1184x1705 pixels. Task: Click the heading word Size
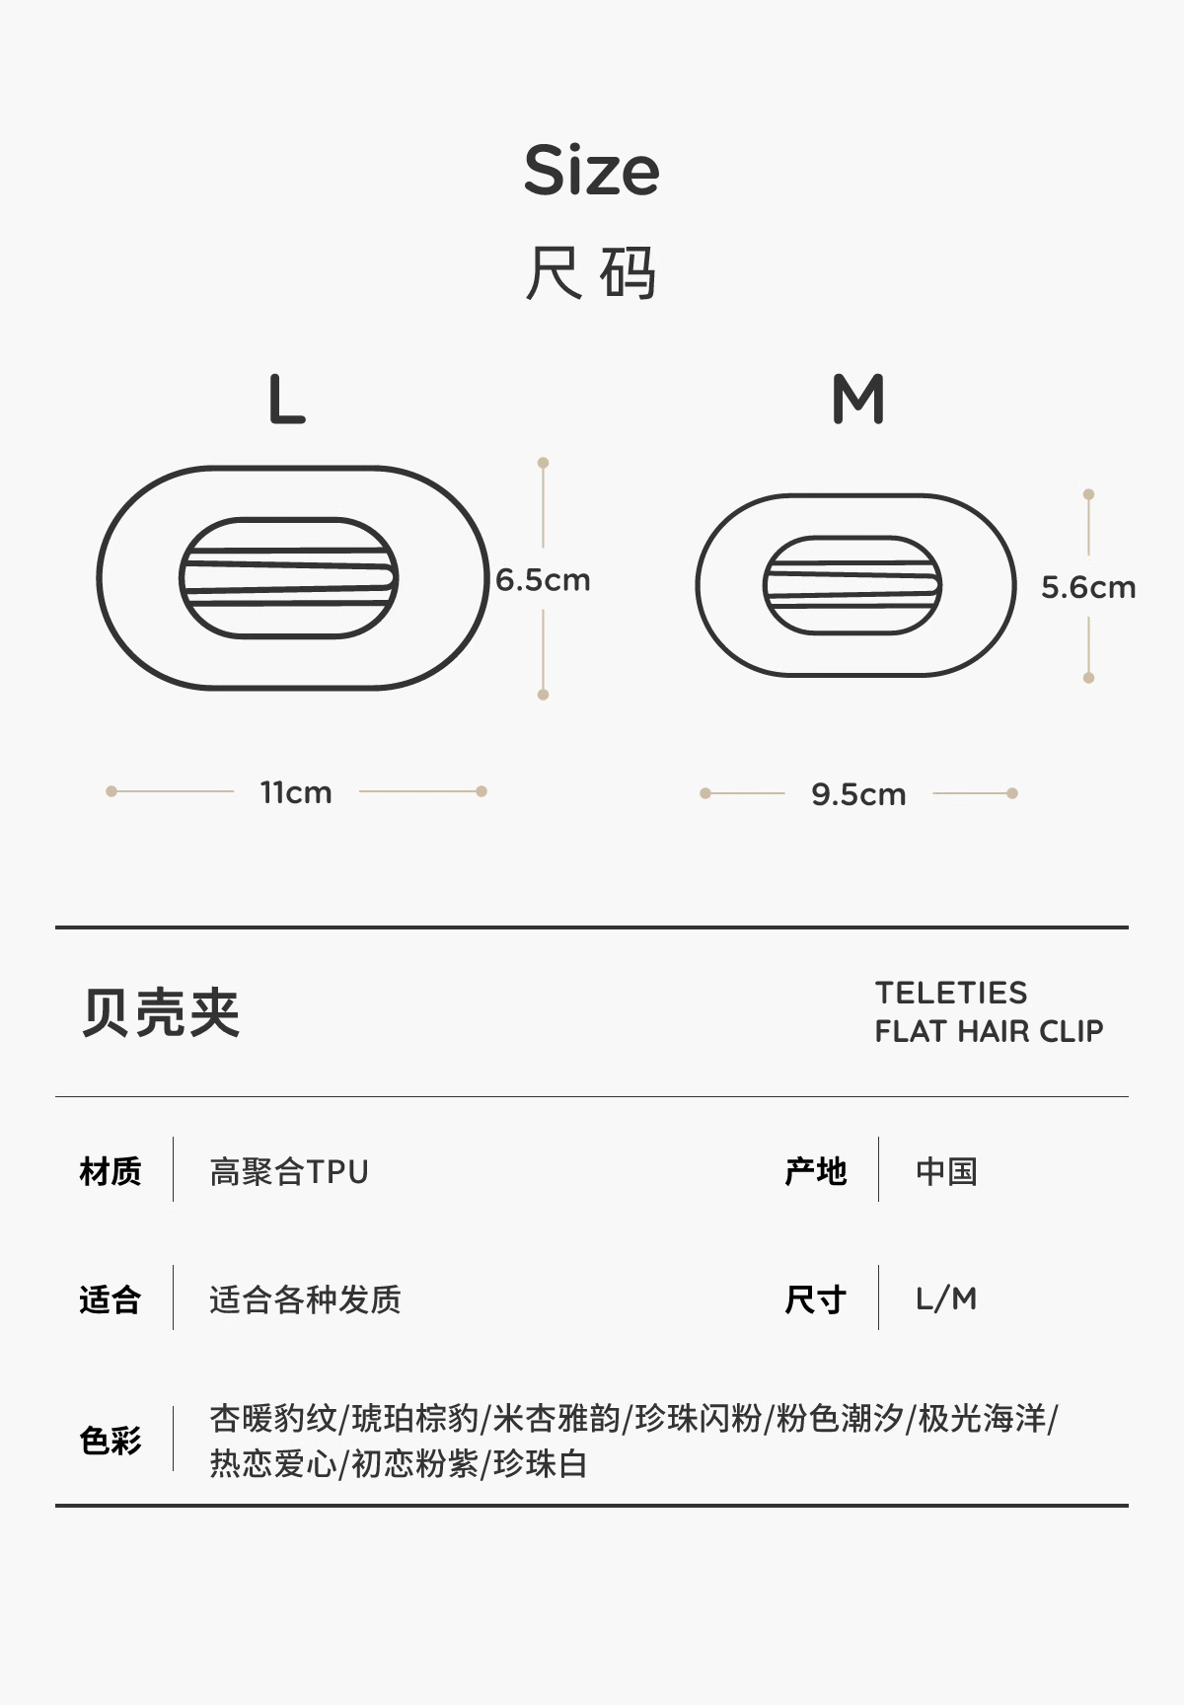point(591,170)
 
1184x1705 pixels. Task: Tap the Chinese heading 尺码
point(591,272)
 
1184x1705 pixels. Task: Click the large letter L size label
point(286,400)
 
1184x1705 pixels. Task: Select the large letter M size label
point(858,400)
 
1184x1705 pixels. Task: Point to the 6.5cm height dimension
point(543,580)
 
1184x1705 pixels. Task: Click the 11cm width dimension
point(296,792)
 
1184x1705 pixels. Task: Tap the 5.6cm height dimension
point(1088,588)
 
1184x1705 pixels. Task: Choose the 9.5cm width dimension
point(858,794)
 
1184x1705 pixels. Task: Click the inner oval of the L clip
point(288,578)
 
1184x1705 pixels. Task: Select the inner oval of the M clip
point(852,586)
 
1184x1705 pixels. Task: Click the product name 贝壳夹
point(161,1012)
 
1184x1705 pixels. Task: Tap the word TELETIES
point(951,993)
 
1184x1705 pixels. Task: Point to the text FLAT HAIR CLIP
point(989,1031)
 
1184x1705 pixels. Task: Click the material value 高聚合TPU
point(289,1171)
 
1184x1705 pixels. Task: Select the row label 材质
point(111,1171)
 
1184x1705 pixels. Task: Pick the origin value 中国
point(946,1171)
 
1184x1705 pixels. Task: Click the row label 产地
point(816,1171)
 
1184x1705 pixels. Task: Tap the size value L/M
point(946,1299)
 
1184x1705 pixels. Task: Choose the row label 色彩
point(111,1441)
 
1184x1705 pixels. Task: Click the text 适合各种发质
point(305,1299)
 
